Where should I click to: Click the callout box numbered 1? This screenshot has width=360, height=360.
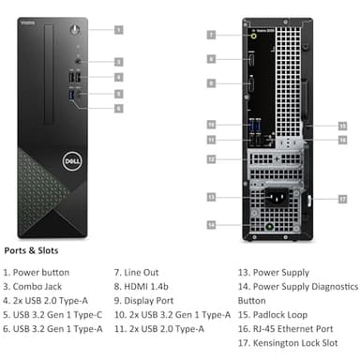coord(119,29)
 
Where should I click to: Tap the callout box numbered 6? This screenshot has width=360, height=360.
coord(119,108)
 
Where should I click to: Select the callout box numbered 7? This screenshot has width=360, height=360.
coord(212,35)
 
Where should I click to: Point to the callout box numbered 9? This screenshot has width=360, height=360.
coord(212,84)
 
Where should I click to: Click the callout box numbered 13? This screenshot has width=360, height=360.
coord(212,197)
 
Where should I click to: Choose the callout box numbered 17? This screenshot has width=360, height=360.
coord(342,199)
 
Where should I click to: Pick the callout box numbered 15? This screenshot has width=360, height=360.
coord(342,125)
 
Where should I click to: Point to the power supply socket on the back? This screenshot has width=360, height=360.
coord(274,199)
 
